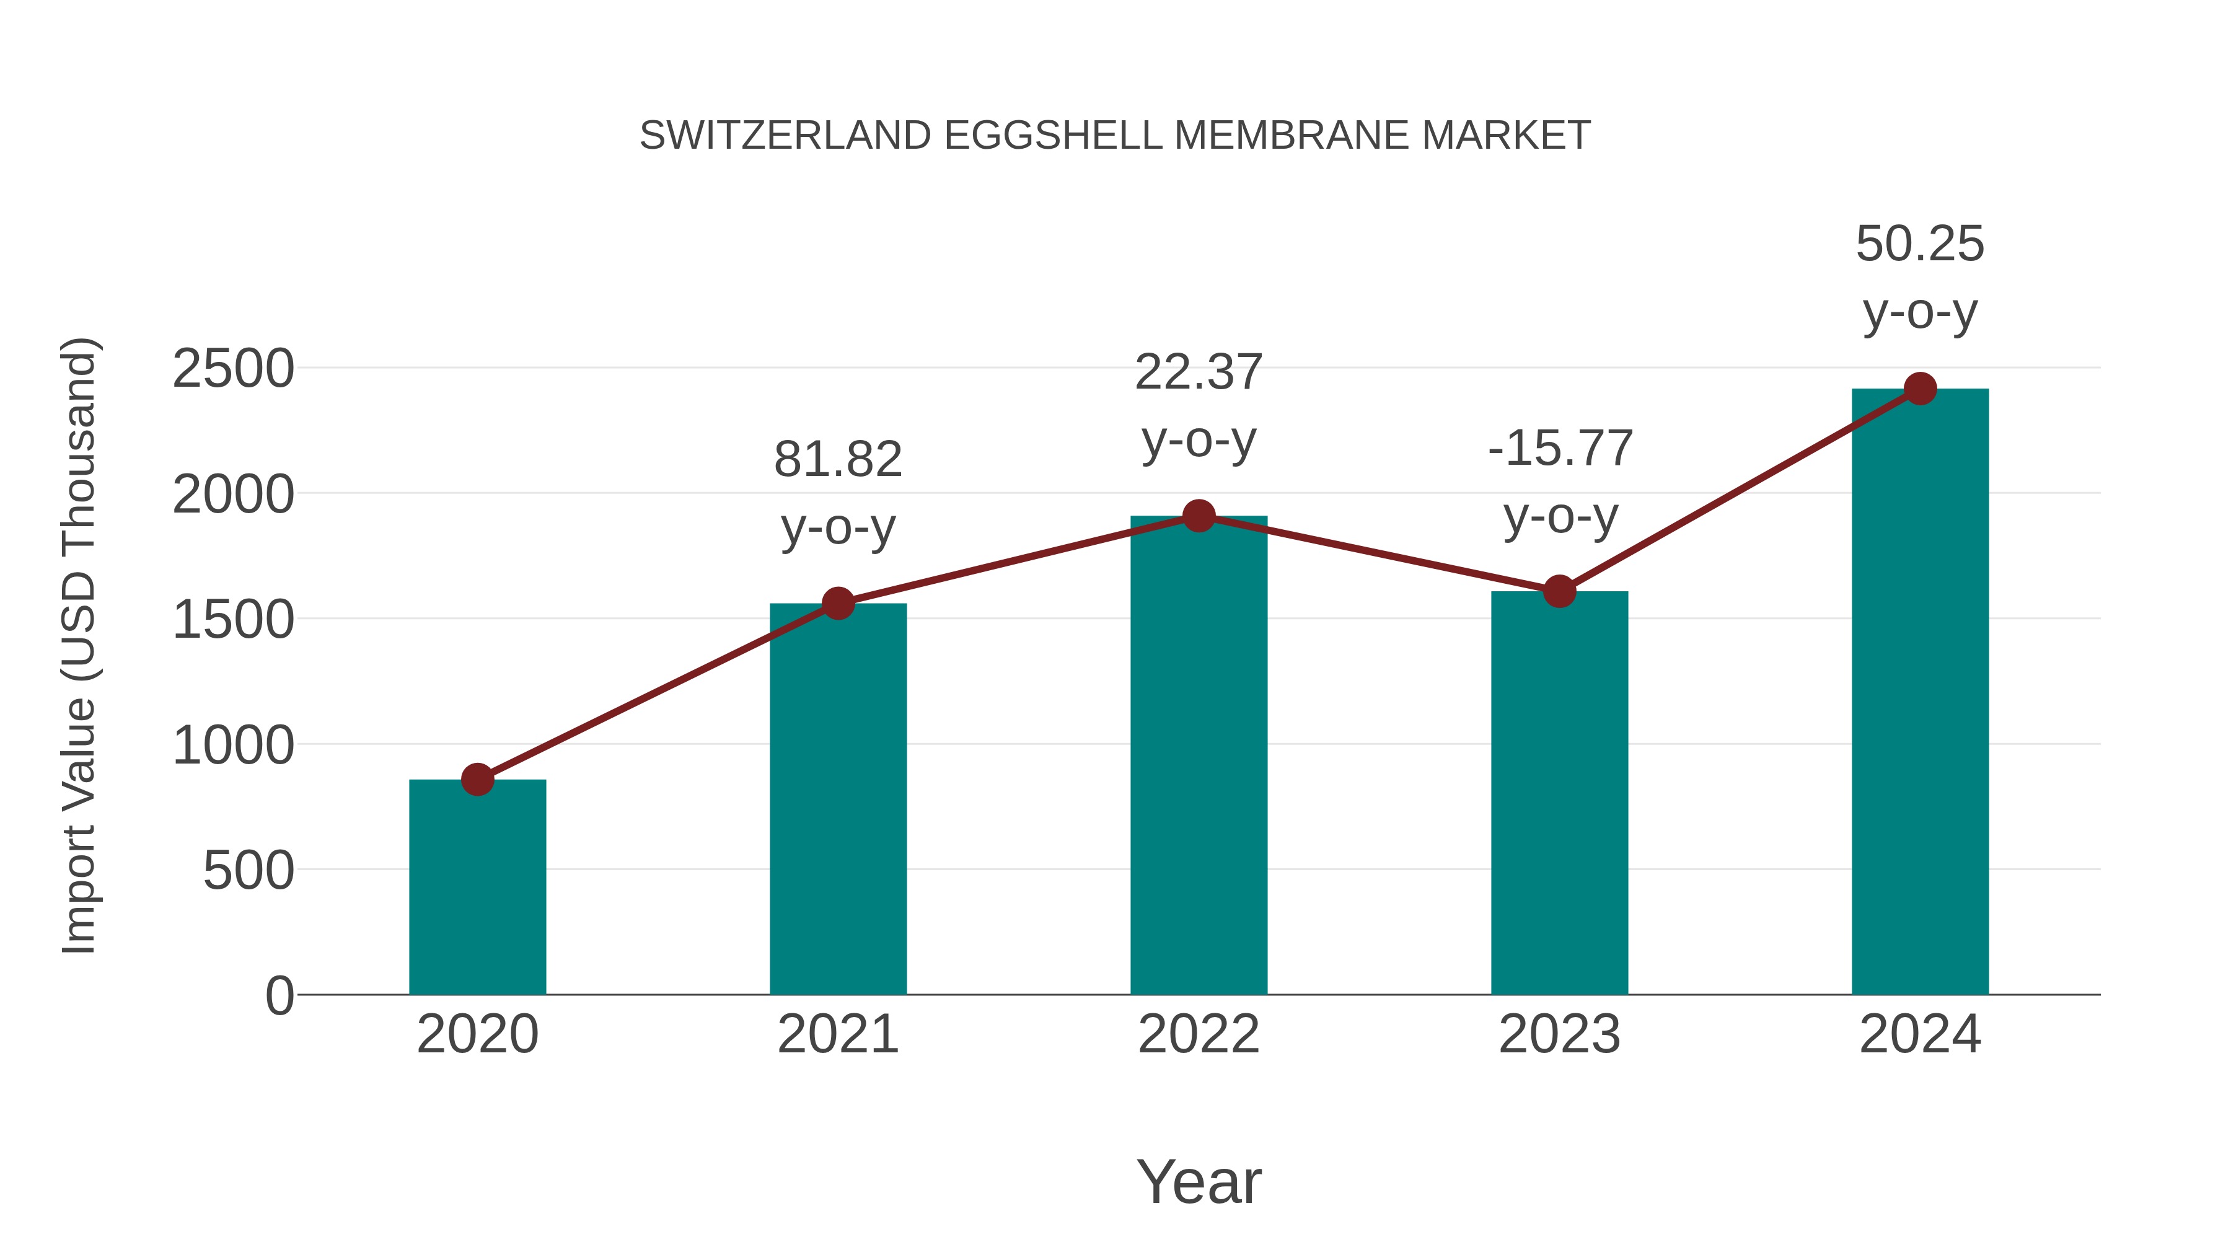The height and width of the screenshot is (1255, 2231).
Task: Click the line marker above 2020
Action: pos(477,778)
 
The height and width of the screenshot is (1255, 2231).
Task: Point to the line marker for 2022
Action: pos(1199,516)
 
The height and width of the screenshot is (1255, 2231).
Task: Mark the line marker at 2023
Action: pos(1559,592)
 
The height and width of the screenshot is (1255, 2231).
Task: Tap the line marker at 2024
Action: pos(1920,389)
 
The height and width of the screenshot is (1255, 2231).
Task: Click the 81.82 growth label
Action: pos(837,459)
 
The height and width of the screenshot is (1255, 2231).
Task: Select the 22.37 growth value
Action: pos(1199,372)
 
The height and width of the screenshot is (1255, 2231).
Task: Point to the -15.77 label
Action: pos(1560,449)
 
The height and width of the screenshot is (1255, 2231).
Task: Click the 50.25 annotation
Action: pos(1920,244)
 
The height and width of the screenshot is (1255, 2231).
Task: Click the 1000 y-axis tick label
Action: pos(233,745)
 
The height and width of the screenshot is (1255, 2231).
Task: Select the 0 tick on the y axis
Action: pos(279,995)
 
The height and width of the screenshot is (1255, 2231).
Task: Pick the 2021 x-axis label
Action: pos(837,1034)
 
